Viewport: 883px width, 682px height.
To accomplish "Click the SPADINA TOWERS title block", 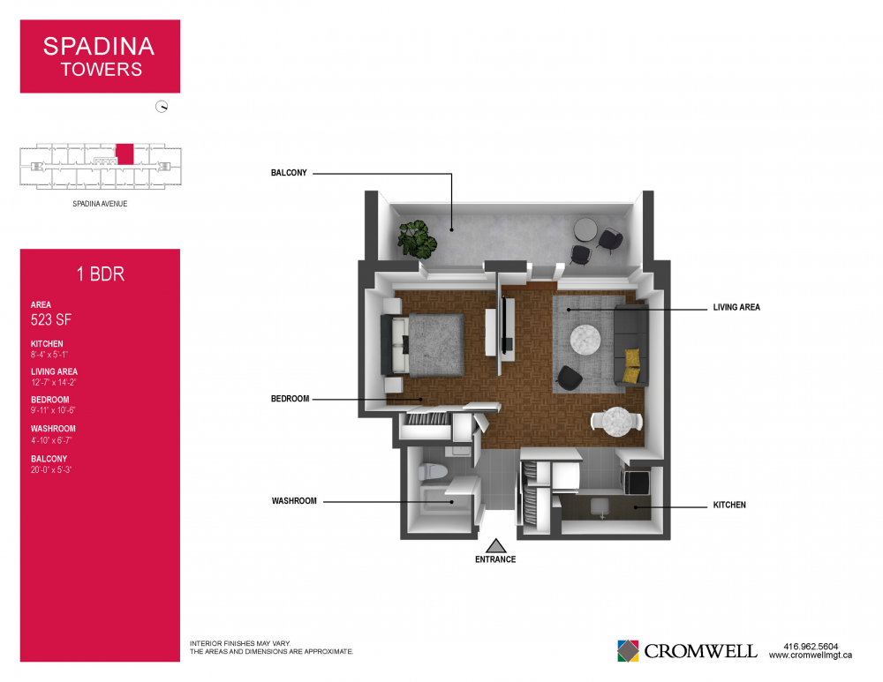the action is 100,56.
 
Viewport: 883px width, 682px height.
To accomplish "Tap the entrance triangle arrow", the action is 495,546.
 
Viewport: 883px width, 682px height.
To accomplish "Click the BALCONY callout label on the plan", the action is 289,173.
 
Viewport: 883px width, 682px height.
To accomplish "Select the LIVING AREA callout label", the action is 736,307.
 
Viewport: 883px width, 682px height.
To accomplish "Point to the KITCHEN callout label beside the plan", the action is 729,505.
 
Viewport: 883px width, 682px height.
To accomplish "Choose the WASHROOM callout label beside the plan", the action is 294,501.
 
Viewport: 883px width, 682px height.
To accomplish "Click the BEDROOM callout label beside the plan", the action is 290,399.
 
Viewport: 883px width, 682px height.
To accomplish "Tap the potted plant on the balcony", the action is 418,239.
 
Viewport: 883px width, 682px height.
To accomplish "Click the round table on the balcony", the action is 585,230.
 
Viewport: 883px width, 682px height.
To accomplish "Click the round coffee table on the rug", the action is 585,340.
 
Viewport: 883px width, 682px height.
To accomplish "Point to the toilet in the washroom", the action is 433,471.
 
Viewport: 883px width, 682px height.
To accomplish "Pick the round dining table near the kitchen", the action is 616,422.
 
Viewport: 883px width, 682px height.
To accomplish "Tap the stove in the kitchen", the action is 635,481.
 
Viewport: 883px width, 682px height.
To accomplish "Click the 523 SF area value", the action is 50,319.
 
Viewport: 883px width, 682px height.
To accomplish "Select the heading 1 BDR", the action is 101,274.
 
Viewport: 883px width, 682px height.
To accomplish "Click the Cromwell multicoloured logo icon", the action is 628,651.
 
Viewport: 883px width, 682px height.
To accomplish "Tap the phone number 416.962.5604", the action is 811,647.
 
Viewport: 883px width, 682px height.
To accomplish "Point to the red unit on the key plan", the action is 125,154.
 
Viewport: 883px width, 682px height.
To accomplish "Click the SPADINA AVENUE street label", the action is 100,204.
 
